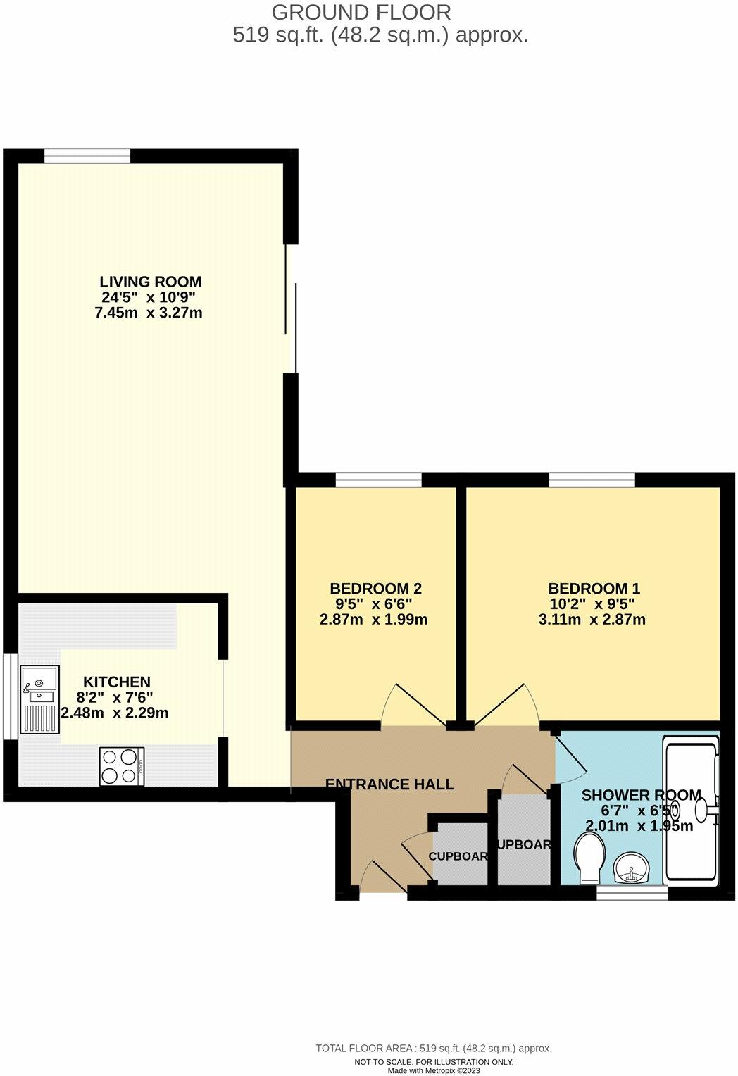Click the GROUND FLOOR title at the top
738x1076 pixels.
coord(361,12)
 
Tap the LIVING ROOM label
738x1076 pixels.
coord(150,282)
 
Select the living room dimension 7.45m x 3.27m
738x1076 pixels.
coord(149,313)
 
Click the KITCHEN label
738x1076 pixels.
coord(117,682)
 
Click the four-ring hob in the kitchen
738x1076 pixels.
coord(121,766)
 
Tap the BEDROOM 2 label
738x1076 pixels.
coord(375,588)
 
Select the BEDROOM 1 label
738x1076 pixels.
coord(594,588)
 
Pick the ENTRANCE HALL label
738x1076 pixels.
coord(389,784)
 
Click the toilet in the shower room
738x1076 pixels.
coord(587,858)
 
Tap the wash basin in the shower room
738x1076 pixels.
coord(631,868)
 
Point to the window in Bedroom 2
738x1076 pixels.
coord(378,480)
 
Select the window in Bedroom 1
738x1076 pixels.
coord(592,480)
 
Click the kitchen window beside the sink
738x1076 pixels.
coord(10,697)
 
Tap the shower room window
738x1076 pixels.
coord(632,893)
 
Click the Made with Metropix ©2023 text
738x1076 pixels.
coord(434,1070)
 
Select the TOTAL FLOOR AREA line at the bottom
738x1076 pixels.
coord(434,1048)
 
